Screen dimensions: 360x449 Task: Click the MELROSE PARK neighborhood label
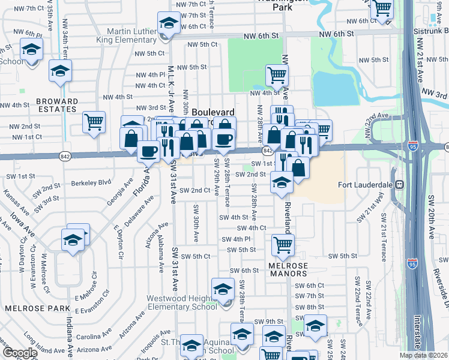point(29,308)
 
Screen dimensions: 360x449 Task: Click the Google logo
point(19,353)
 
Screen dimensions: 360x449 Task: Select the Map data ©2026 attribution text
point(423,355)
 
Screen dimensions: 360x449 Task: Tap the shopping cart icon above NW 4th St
point(277,76)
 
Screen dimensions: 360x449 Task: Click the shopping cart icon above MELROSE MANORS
point(283,244)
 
